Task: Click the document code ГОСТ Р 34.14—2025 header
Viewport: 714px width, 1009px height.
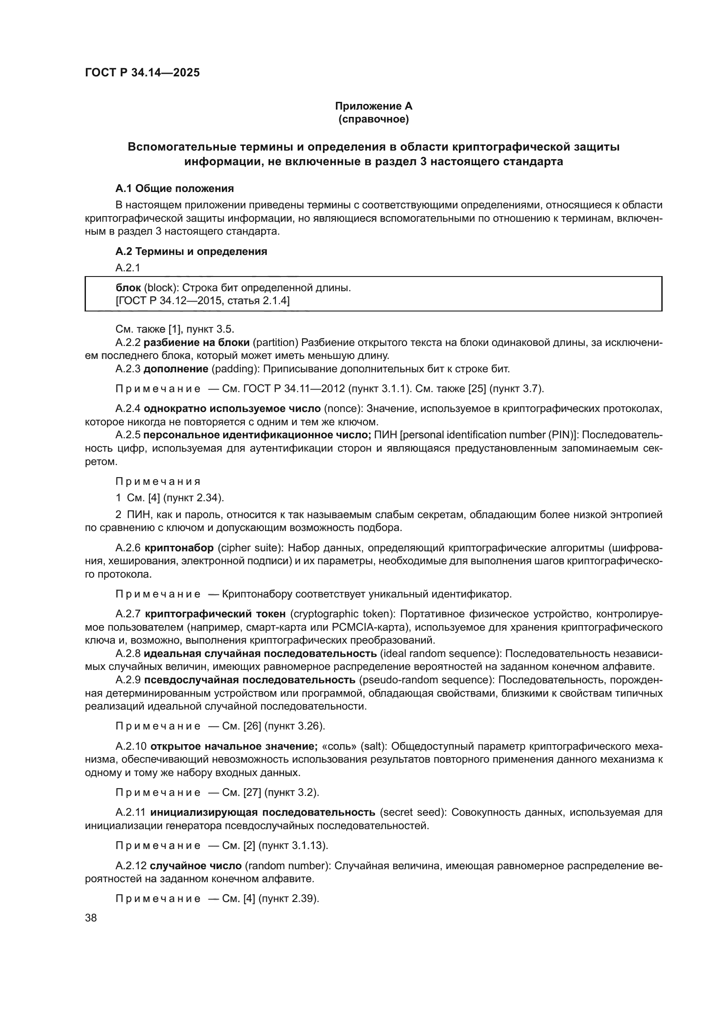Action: pos(142,72)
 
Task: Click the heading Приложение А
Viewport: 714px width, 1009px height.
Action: pos(373,106)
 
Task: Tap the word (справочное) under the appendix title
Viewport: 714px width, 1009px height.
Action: pos(373,119)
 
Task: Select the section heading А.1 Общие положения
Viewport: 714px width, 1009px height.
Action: pos(174,189)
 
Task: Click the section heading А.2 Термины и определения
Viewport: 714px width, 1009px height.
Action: pos(191,251)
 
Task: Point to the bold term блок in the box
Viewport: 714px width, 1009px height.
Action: pos(128,288)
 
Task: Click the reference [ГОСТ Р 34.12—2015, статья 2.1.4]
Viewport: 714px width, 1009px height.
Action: pos(203,301)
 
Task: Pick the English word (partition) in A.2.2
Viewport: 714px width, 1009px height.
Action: pos(275,343)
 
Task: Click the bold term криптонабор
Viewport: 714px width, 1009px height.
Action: pos(179,548)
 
